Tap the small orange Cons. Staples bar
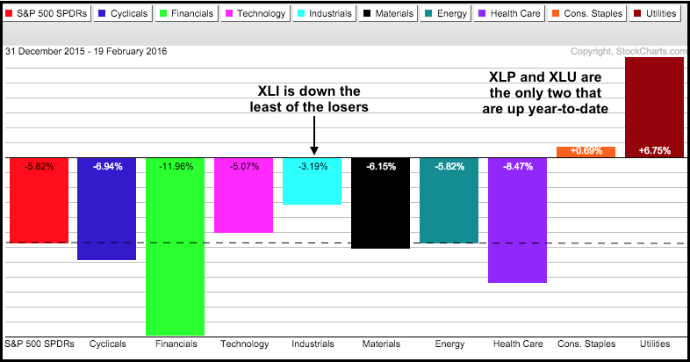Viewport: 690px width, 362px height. tap(586, 152)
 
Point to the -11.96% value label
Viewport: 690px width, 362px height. tap(175, 165)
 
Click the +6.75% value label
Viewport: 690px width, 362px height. tap(654, 151)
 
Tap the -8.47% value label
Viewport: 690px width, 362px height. tap(517, 165)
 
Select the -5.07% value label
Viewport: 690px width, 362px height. tap(243, 165)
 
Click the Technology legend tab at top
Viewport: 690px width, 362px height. tap(242, 14)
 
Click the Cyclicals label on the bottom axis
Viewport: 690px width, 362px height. tap(107, 344)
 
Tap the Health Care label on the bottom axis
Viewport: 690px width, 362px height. tap(517, 344)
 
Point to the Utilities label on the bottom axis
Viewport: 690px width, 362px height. tap(654, 344)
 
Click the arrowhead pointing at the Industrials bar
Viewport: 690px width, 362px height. tap(313, 151)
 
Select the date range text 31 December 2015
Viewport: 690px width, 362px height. tap(61, 51)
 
